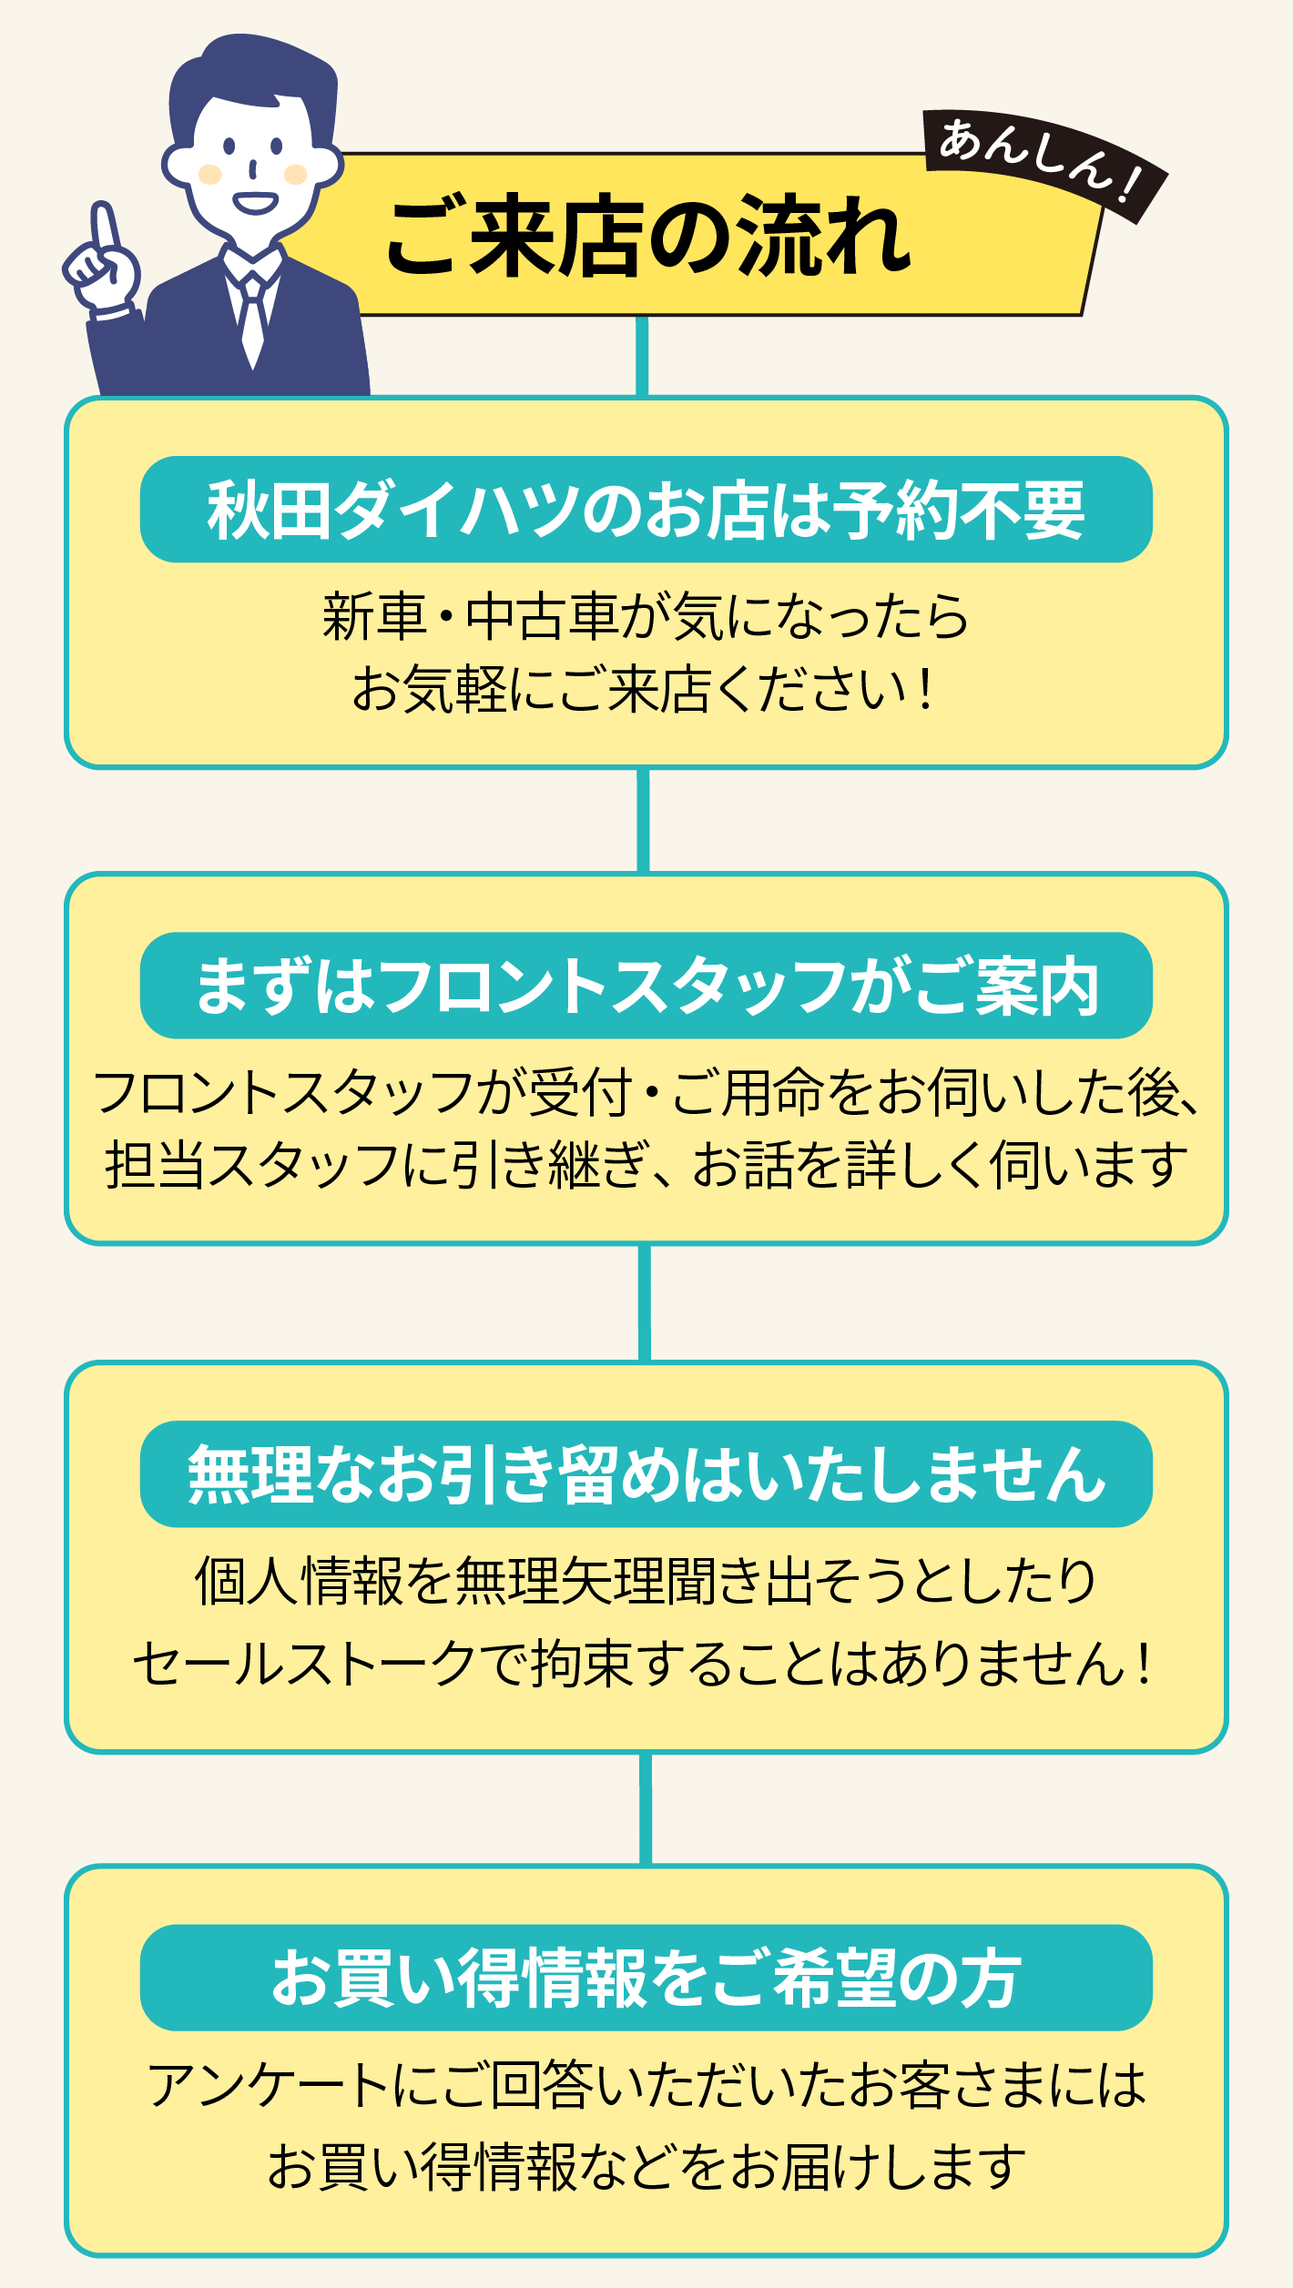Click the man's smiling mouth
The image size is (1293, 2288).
[255, 202]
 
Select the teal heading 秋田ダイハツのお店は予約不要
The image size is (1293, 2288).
[646, 510]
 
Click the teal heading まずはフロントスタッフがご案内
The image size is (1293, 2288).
[646, 986]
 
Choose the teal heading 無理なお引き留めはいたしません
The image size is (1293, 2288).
[646, 1474]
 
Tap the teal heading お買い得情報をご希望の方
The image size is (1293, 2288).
[646, 1979]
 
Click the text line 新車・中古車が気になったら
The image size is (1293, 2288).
[646, 616]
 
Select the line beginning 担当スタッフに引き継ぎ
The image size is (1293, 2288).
[646, 1166]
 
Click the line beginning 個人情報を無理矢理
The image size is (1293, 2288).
[646, 1582]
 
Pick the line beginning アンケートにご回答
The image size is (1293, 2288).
[646, 2086]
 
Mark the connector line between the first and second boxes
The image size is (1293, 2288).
[644, 820]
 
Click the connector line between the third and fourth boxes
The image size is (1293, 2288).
[646, 1808]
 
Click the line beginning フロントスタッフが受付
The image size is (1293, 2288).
[646, 1093]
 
